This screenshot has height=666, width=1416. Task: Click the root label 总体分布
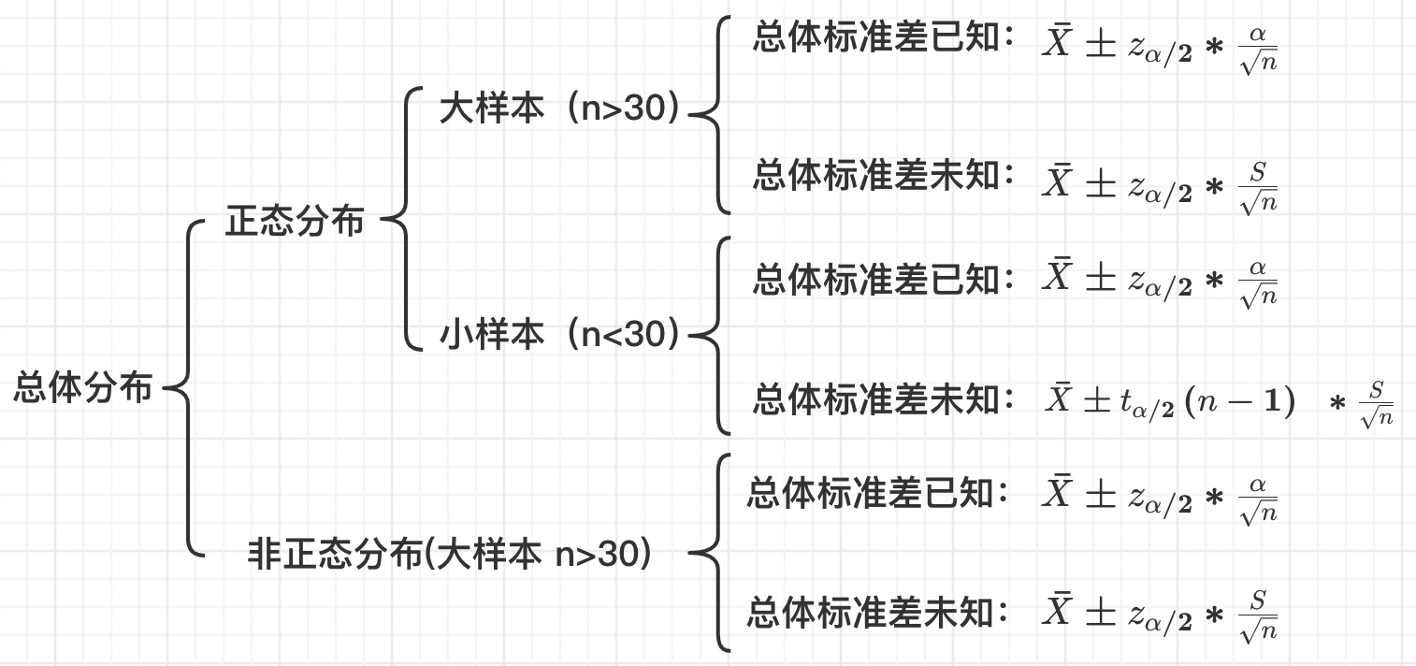(x=83, y=387)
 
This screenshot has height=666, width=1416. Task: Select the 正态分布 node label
(x=295, y=223)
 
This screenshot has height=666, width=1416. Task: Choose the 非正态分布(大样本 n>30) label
(x=449, y=555)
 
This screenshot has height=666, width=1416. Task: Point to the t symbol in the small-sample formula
(x=1125, y=402)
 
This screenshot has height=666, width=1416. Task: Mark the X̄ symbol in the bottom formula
(x=1058, y=613)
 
